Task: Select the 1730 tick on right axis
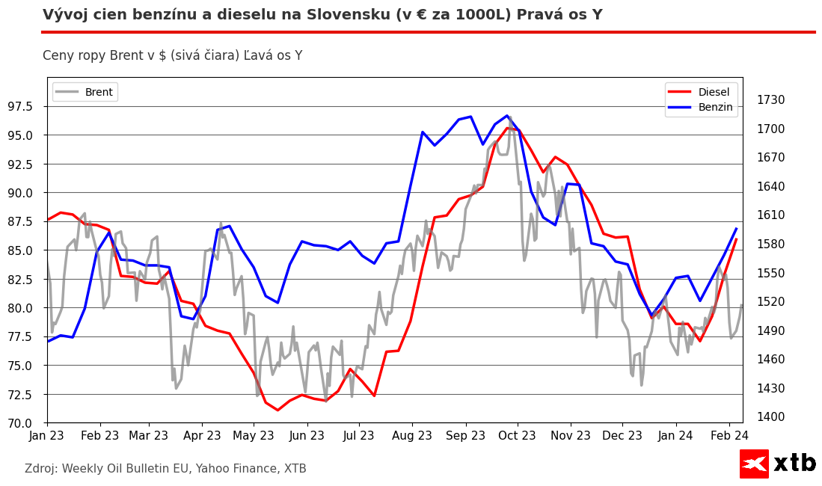click(770, 100)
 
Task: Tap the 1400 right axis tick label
click(770, 417)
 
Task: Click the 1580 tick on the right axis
click(770, 244)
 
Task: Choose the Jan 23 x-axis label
click(47, 436)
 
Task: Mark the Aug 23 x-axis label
click(412, 436)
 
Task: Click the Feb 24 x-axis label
click(729, 436)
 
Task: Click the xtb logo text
click(794, 464)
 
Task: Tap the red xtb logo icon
click(754, 464)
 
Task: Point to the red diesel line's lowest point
click(277, 410)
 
